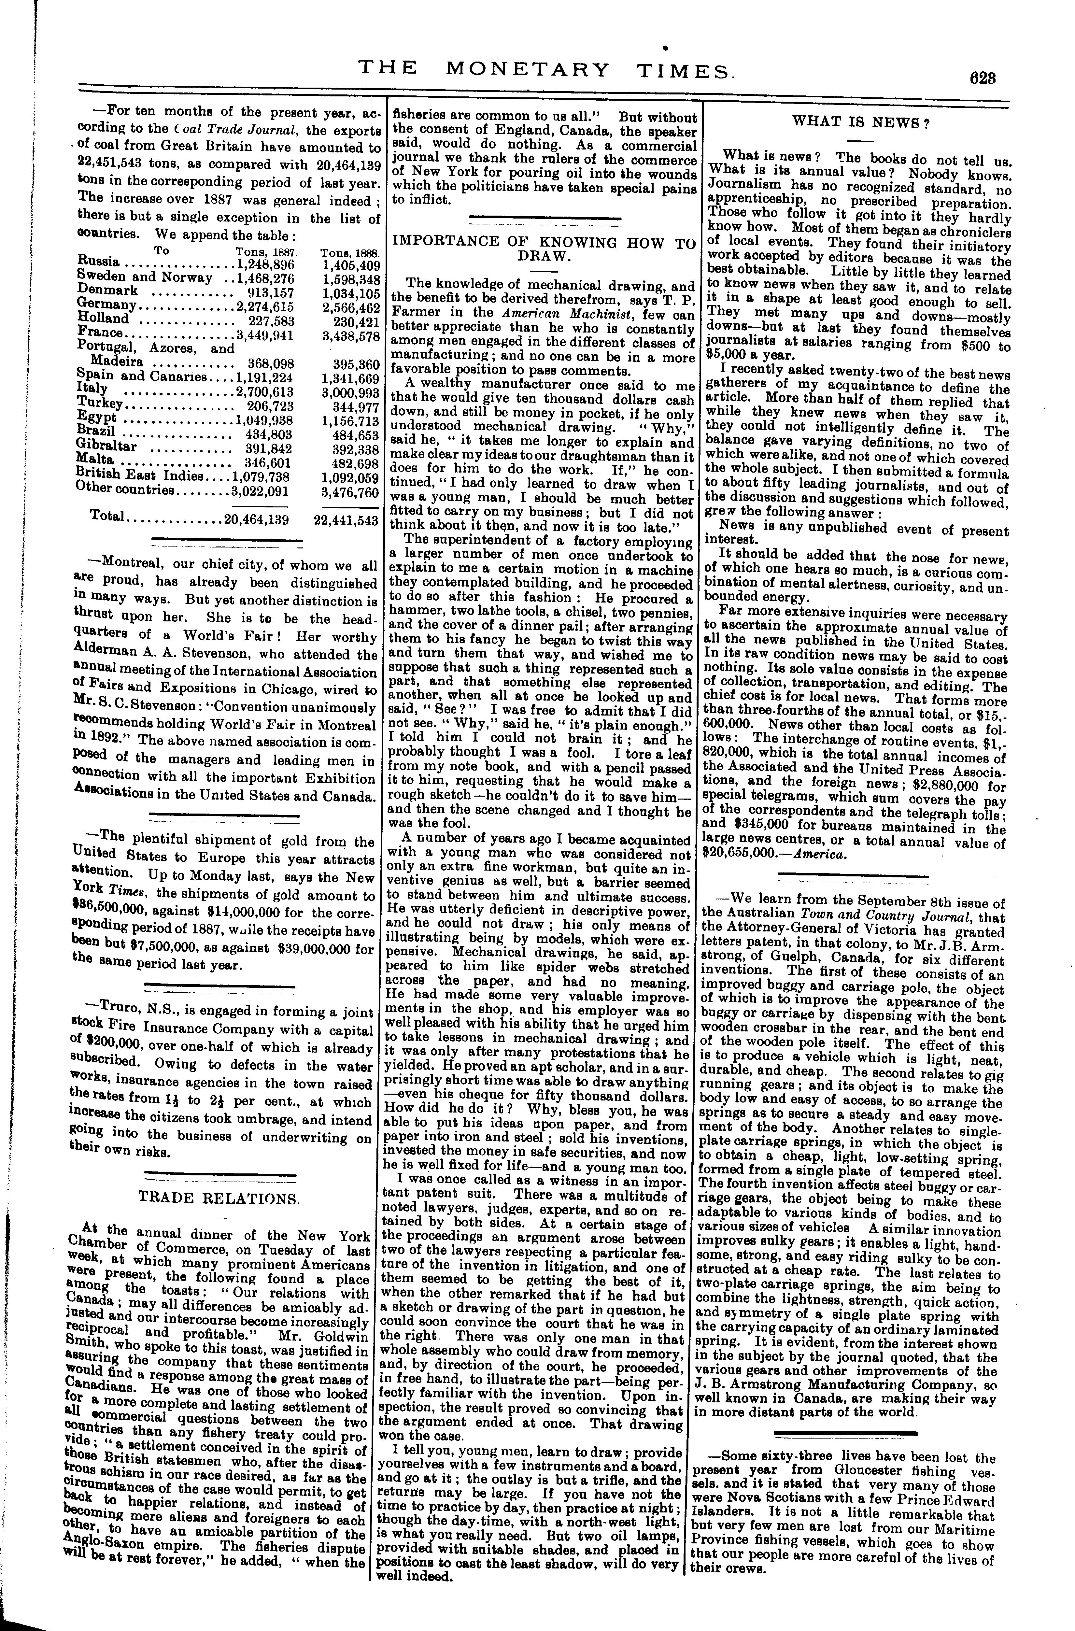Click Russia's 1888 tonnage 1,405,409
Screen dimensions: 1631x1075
tap(350, 265)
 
